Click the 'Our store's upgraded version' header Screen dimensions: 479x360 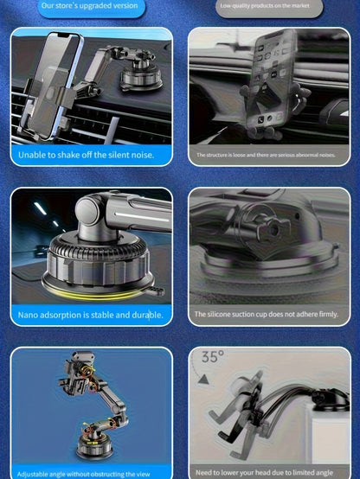[x=89, y=6]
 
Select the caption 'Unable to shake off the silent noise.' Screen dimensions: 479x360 [x=85, y=155]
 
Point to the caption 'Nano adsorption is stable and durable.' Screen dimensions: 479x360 [x=91, y=315]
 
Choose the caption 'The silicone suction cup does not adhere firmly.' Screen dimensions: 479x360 [x=266, y=315]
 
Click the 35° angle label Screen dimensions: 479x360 [x=212, y=356]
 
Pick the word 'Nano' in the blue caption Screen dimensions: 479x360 [x=30, y=315]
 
